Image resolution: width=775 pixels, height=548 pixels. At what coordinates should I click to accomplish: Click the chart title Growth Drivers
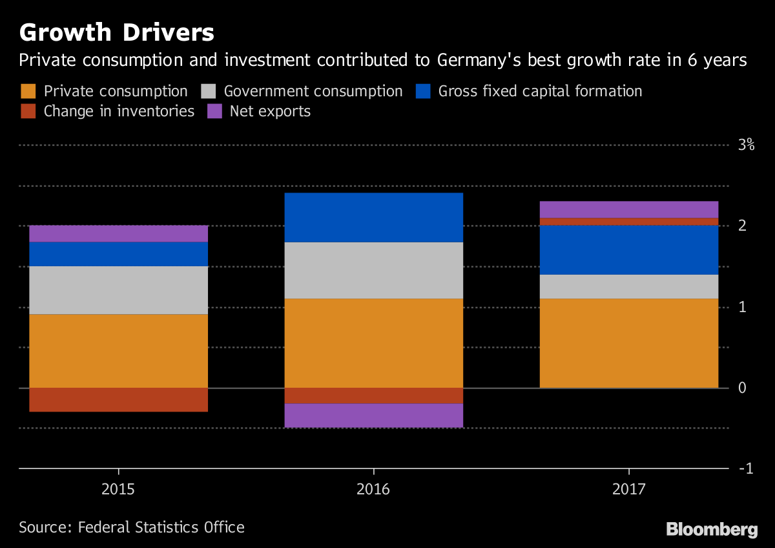tap(116, 32)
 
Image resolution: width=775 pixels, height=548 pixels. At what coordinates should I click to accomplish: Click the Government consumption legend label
tap(313, 91)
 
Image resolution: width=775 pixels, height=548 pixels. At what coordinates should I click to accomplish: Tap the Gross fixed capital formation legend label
tap(540, 91)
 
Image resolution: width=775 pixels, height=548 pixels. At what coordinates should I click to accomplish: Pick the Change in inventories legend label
tap(119, 111)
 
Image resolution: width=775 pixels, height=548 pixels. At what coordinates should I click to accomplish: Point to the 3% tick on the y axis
tap(746, 145)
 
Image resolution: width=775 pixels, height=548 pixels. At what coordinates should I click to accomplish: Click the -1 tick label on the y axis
tap(746, 468)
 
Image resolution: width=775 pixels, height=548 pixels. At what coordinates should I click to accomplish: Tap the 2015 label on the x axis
tap(118, 489)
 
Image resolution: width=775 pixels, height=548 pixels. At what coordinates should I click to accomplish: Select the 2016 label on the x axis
tap(373, 489)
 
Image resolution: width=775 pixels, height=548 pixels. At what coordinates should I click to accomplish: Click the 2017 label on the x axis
tap(629, 489)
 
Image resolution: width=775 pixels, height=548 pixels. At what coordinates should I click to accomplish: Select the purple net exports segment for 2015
tap(118, 233)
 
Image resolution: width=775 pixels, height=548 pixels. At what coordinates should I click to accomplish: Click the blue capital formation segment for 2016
tap(373, 217)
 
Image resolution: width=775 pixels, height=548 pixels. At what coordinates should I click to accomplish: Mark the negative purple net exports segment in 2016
tap(373, 416)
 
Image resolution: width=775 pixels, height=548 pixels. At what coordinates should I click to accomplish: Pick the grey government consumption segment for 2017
tap(629, 286)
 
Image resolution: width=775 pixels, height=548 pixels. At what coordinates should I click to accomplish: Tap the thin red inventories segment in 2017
tap(629, 222)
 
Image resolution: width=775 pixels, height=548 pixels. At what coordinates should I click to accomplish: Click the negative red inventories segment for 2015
tap(118, 399)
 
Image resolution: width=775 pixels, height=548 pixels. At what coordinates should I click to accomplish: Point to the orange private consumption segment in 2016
tap(373, 342)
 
